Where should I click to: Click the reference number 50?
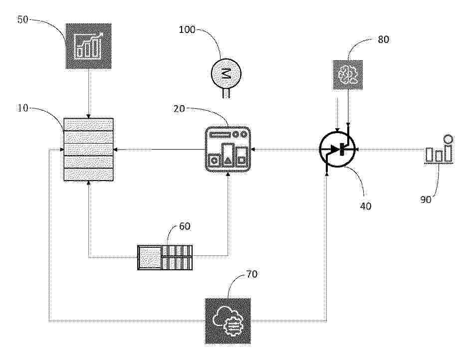tap(23, 20)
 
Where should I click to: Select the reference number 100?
tap(187, 29)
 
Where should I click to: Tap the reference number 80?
tap(383, 39)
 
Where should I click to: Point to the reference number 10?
tap(23, 108)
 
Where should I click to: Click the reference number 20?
tap(179, 109)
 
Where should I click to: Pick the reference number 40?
tap(366, 205)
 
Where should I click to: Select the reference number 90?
tap(426, 199)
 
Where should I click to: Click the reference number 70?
tap(252, 274)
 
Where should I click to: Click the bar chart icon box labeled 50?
tap(89, 46)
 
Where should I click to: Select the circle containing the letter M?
tap(226, 73)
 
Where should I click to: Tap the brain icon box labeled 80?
tap(348, 75)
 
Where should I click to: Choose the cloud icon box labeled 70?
tap(228, 321)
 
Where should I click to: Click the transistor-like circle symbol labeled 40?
tap(337, 149)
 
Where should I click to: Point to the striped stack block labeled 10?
tap(89, 149)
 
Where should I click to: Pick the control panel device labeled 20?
tap(228, 149)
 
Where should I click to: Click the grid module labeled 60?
tap(165, 257)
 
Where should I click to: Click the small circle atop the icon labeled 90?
tap(448, 139)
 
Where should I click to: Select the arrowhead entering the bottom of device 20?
tap(228, 174)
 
